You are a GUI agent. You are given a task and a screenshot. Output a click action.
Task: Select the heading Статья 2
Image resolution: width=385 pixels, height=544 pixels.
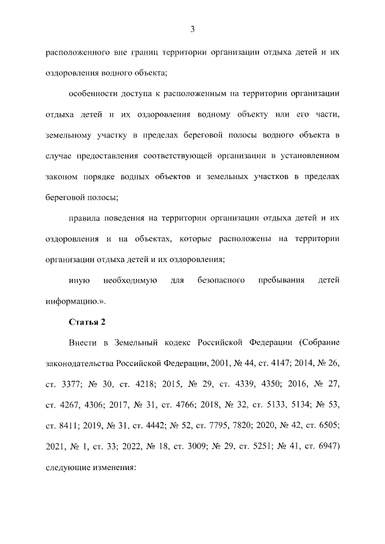(87, 322)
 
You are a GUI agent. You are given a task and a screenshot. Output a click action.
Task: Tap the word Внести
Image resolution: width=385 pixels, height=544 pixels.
(84, 343)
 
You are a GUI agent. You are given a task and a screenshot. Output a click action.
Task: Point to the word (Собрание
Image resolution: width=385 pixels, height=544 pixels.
(318, 343)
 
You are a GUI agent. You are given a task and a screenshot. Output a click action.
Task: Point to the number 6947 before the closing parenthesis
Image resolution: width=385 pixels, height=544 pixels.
(323, 447)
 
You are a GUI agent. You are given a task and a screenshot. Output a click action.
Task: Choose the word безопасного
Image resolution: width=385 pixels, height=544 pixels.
(220, 281)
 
